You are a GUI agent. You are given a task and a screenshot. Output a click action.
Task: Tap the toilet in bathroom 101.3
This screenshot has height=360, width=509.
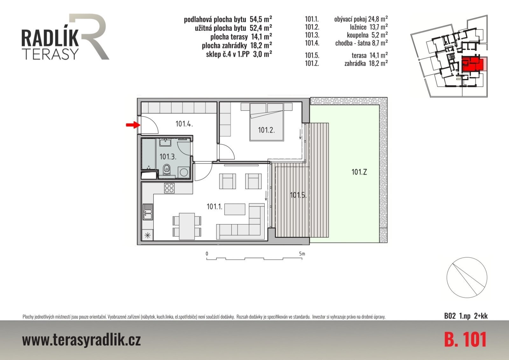167,170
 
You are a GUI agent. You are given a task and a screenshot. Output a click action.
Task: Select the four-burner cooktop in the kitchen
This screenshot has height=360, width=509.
169,188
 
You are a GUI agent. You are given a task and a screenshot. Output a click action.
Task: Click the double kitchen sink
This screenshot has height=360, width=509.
148,212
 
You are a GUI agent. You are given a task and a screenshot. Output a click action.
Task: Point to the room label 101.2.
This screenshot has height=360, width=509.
266,130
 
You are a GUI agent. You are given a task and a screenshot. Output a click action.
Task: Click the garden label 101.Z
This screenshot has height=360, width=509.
359,172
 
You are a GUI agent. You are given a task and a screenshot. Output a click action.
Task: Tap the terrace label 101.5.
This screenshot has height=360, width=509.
298,195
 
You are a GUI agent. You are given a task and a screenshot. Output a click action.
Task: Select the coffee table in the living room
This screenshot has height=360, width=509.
235,209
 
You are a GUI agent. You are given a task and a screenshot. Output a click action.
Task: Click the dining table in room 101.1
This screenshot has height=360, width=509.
187,226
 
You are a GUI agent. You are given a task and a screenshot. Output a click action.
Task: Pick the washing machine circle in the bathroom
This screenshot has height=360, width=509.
184,172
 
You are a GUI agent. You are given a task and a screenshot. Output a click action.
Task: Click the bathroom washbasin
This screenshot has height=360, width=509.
165,142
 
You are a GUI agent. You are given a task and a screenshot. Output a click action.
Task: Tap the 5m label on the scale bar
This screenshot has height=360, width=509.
302,254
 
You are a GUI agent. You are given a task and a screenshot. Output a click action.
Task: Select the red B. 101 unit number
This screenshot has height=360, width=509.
465,340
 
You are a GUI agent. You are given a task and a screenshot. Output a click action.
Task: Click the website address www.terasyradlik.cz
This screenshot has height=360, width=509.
81,340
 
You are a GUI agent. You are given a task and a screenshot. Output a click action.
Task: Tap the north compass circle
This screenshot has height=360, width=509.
467,278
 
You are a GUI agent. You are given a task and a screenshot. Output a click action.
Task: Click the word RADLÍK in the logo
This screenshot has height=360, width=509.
50,38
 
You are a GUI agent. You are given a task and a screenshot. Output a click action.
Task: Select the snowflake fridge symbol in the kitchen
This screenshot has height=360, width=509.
148,235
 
